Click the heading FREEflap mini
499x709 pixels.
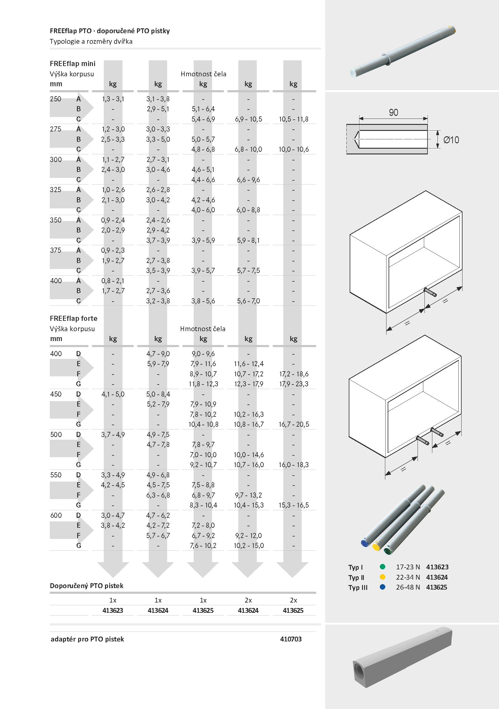pyautogui.click(x=73, y=64)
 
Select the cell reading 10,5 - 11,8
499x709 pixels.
pyautogui.click(x=293, y=119)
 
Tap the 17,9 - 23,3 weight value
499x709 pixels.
pyautogui.click(x=293, y=384)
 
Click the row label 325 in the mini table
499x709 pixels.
pyautogui.click(x=56, y=190)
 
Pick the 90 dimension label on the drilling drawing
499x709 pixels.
pyautogui.click(x=393, y=112)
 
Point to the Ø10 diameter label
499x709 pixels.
pyautogui.click(x=451, y=140)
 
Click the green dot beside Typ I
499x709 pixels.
pyautogui.click(x=383, y=567)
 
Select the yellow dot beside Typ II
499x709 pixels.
pyautogui.click(x=383, y=577)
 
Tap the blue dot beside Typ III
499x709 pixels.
pyautogui.click(x=383, y=587)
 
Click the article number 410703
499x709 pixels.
pyautogui.click(x=291, y=639)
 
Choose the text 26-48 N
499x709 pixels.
pyautogui.click(x=408, y=587)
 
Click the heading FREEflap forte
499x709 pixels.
pyautogui.click(x=74, y=318)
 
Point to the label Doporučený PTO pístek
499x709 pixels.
pyautogui.click(x=87, y=586)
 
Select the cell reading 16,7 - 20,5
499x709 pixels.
pyautogui.click(x=294, y=424)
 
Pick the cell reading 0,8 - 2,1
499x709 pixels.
pyautogui.click(x=113, y=281)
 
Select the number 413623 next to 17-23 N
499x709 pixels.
pyautogui.click(x=437, y=567)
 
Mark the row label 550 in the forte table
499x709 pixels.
pyautogui.click(x=56, y=475)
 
